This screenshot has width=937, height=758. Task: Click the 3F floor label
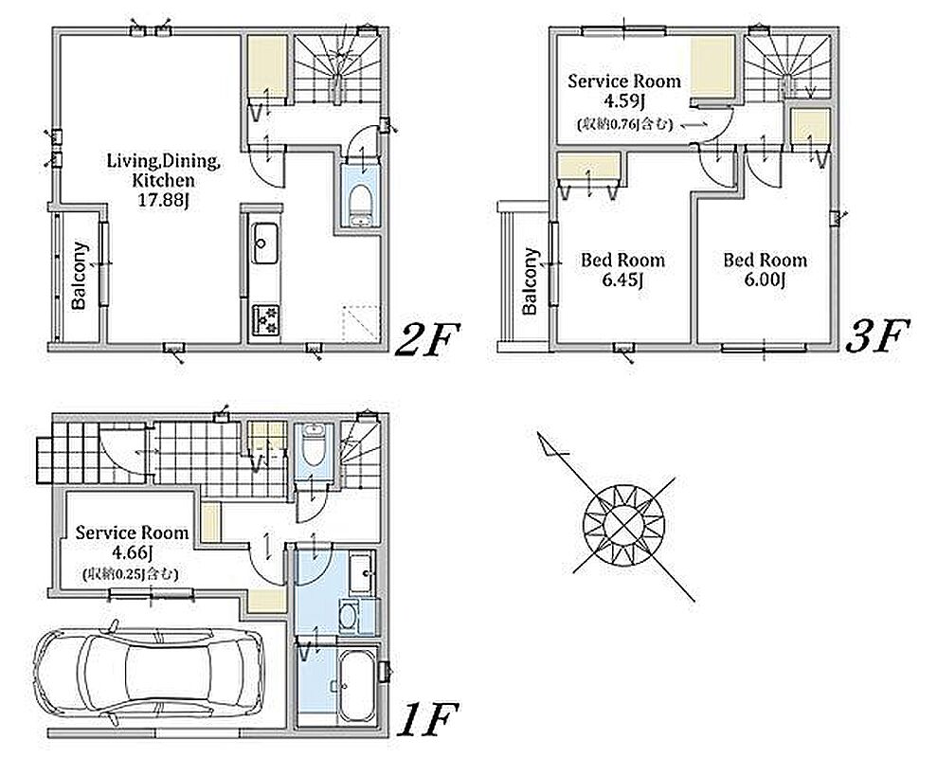(876, 337)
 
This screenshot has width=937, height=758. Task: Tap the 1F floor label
(428, 719)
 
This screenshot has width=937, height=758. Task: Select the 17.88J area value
(163, 200)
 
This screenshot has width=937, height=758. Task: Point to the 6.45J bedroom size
(622, 280)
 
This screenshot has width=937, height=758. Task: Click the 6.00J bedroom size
(765, 280)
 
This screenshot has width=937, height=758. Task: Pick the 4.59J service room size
(623, 100)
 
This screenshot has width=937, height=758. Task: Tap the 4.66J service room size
(131, 552)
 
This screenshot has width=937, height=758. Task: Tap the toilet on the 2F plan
(360, 206)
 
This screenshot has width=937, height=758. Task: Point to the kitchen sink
(263, 244)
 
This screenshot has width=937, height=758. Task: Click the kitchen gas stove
(266, 320)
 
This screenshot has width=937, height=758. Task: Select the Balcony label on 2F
(79, 276)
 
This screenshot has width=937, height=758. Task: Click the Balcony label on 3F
(530, 281)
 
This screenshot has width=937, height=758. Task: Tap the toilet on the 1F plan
(313, 444)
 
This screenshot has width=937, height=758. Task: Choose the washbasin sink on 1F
(362, 574)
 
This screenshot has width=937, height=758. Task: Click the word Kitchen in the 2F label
(163, 181)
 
